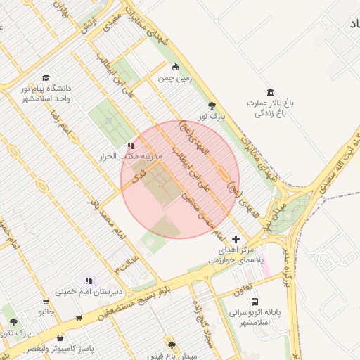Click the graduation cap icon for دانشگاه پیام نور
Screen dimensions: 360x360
(x=46, y=78)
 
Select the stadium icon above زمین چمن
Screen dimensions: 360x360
(x=175, y=67)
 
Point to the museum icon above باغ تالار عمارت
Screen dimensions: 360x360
(x=271, y=92)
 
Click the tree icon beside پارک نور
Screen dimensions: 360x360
(x=212, y=106)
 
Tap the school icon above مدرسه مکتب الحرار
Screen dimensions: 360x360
(x=131, y=145)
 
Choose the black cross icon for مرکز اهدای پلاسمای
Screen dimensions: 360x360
(x=236, y=239)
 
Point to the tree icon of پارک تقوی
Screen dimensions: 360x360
(x=13, y=321)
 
